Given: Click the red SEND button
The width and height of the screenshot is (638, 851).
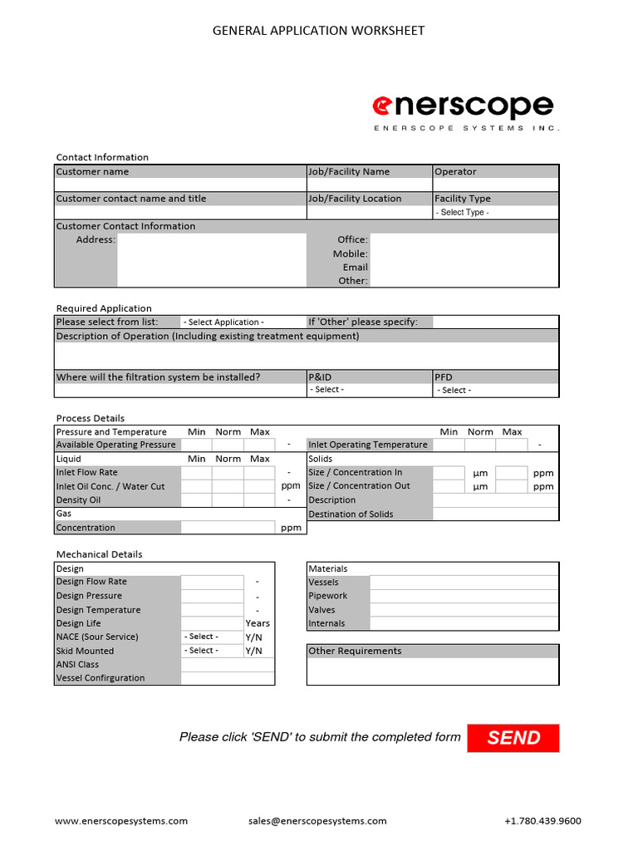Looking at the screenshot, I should coord(513,738).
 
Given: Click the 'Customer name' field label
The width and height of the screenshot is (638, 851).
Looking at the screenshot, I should coord(92,172).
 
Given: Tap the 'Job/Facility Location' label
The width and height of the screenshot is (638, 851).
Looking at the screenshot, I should coord(355,199).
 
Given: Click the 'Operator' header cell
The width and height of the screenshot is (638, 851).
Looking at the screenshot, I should coord(456,172).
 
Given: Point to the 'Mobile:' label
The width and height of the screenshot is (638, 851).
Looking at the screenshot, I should coord(350,253).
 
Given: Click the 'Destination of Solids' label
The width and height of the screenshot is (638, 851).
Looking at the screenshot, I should coord(351,514).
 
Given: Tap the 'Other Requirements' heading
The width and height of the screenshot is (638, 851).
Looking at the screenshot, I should coord(355,652).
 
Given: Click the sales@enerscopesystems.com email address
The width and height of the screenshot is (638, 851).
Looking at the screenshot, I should coord(317,821).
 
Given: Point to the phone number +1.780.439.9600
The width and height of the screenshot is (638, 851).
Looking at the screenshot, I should coord(542,821).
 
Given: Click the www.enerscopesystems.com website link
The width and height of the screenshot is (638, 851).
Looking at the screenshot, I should coord(121,821).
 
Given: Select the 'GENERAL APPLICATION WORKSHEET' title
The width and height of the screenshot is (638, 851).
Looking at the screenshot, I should coord(319,31).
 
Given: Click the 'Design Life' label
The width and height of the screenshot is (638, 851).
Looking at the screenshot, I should coord(79,623).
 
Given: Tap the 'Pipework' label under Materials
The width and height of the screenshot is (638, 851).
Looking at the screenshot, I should coord(328,596).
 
